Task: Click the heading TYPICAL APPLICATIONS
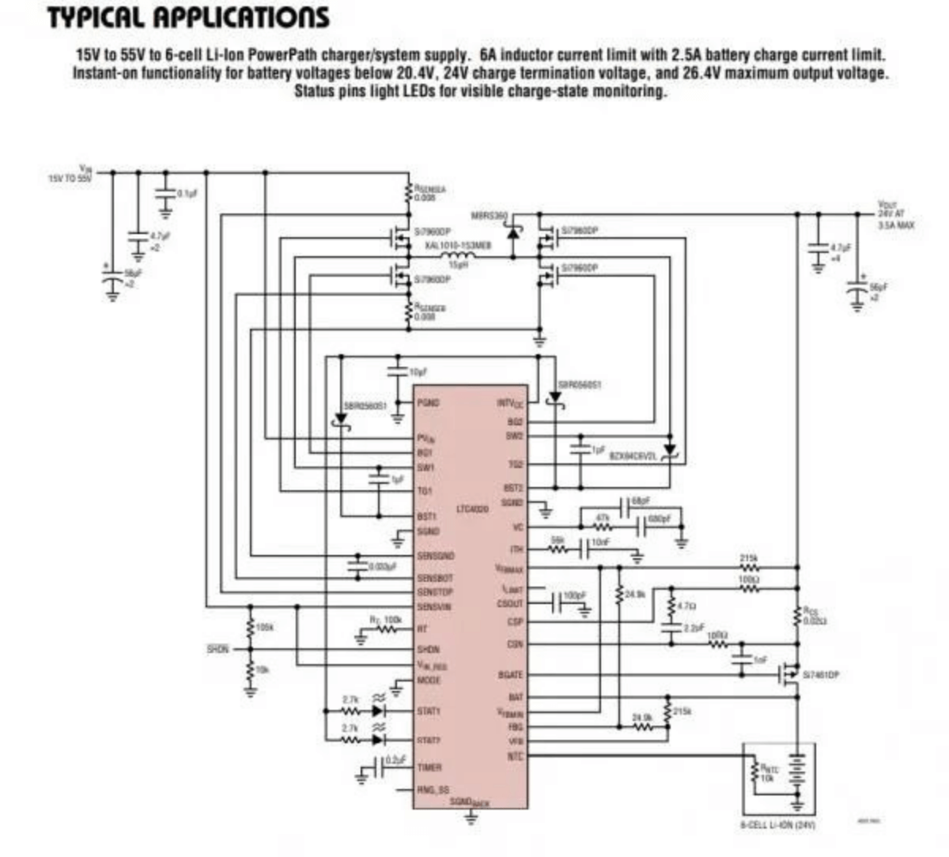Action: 187,17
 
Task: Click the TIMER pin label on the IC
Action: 429,767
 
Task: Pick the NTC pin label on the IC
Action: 515,756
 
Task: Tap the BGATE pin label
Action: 510,674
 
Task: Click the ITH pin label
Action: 516,549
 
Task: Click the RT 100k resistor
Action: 388,629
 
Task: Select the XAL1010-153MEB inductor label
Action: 458,246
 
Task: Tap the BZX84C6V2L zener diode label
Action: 633,457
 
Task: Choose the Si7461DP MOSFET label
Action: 821,675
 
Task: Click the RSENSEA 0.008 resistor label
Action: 429,194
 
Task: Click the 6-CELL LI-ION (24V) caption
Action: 777,825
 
